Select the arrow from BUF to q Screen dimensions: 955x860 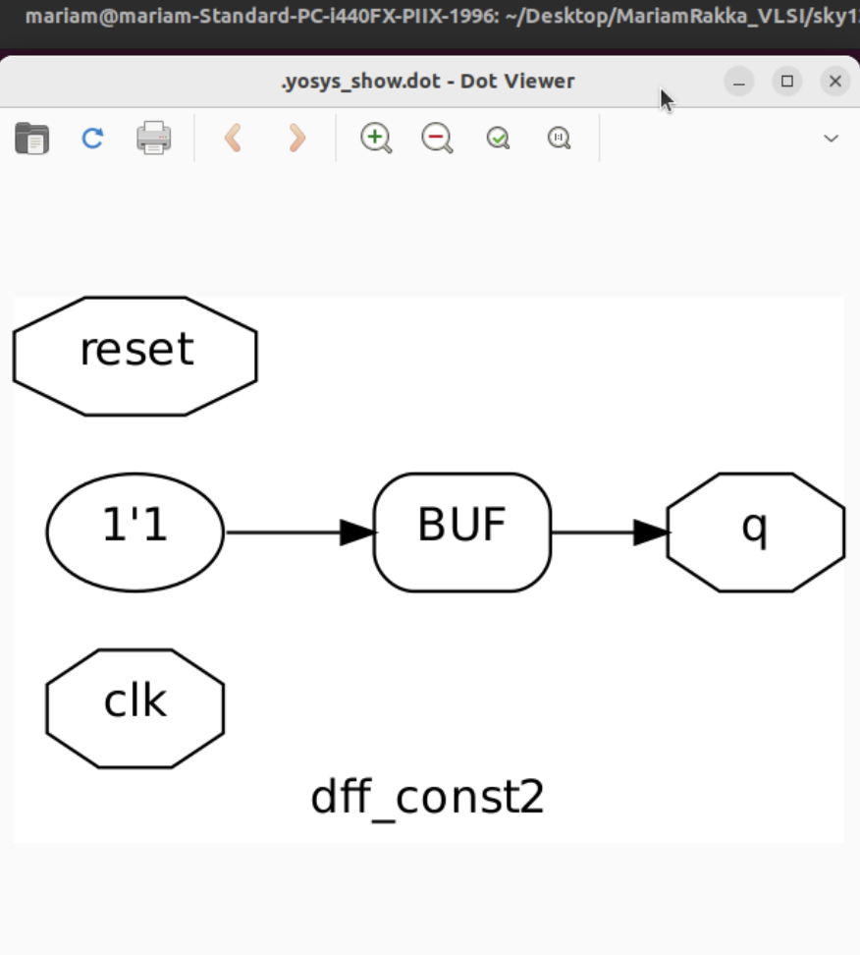point(609,533)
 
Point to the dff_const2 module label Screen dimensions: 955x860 point(427,798)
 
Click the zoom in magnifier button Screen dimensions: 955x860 point(376,138)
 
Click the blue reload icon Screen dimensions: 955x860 point(92,138)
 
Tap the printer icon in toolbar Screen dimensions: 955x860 point(154,138)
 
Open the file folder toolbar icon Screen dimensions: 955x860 point(31,138)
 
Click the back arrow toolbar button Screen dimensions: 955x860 point(233,138)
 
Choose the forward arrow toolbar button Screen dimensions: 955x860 point(296,138)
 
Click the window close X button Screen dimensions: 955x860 point(835,82)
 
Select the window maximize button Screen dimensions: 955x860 point(787,82)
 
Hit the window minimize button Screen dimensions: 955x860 point(739,82)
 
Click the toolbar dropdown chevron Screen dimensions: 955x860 point(831,138)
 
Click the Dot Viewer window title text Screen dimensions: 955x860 point(427,82)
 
